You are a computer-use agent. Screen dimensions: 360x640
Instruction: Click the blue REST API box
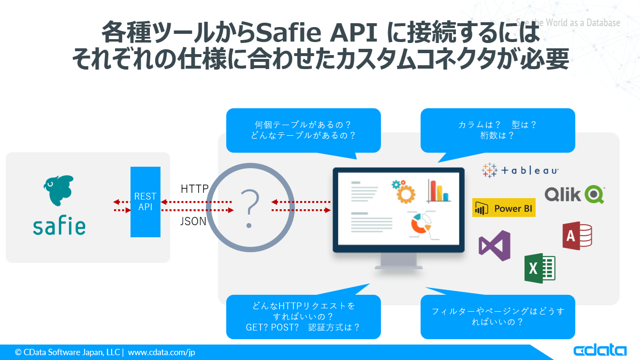(x=145, y=202)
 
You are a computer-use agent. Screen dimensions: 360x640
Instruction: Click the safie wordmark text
(x=59, y=225)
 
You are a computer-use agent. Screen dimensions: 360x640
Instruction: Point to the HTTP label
(x=194, y=189)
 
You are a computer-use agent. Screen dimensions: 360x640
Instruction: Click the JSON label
(x=193, y=221)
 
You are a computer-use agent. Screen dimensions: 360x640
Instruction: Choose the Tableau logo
(x=520, y=170)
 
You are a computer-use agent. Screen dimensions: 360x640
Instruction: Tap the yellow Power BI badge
(x=504, y=208)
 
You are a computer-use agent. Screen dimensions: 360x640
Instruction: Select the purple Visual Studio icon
(x=495, y=245)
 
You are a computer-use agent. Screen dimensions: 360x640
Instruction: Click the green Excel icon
(x=539, y=268)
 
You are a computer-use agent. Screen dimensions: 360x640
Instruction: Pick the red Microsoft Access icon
(x=577, y=236)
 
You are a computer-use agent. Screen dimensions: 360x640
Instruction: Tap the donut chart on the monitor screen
(x=421, y=223)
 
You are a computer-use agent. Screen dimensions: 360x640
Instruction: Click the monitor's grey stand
(x=399, y=261)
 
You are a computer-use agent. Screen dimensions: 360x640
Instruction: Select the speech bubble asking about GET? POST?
(x=303, y=317)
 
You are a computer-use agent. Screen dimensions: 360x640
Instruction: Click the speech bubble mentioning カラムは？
(x=497, y=130)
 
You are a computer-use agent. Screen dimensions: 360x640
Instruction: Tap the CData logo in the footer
(x=600, y=351)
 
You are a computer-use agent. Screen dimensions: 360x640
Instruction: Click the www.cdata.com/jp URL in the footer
(x=161, y=352)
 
